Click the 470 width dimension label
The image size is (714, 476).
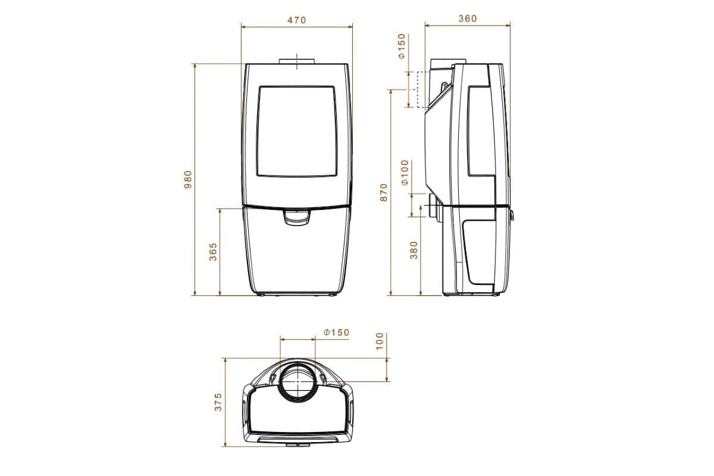click(x=296, y=20)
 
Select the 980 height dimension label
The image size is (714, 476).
click(x=188, y=180)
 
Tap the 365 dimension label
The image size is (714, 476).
click(x=213, y=252)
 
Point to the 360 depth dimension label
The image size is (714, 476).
click(x=468, y=18)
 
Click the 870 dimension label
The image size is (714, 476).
click(x=384, y=192)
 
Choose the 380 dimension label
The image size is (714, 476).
click(x=414, y=250)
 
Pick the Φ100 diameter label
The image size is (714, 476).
click(x=404, y=173)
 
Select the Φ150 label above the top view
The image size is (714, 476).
click(x=337, y=333)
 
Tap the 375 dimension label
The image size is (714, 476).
click(x=218, y=402)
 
